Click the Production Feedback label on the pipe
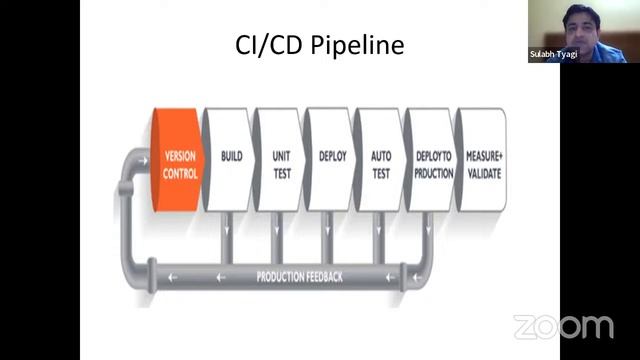point(299,275)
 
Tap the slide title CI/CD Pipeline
point(319,46)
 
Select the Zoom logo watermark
point(563,326)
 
